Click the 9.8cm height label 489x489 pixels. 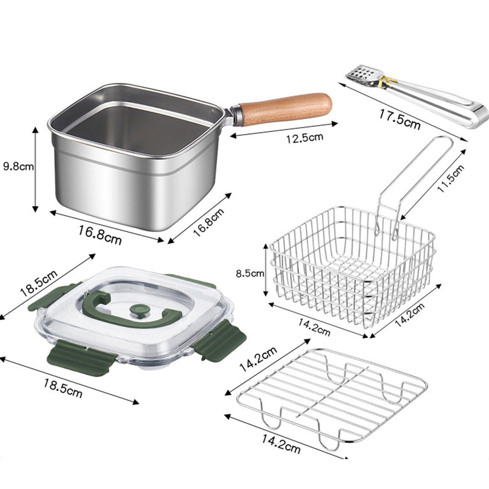[x=18, y=166]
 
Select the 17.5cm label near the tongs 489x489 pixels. [x=400, y=118]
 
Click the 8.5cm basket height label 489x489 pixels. [x=250, y=274]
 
